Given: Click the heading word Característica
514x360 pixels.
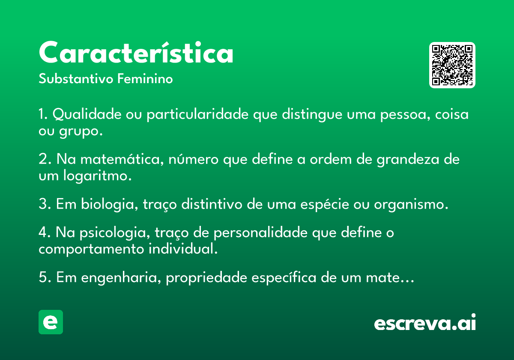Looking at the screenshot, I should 136,54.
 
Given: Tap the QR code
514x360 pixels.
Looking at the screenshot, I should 452,65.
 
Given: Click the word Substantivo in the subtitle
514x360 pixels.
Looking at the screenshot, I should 76,79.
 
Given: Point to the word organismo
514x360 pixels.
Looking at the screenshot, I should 411,204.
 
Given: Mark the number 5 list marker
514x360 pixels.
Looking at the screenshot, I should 43,278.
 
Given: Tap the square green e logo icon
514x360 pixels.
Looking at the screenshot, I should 51,322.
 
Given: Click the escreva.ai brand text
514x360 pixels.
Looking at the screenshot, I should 424,323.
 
